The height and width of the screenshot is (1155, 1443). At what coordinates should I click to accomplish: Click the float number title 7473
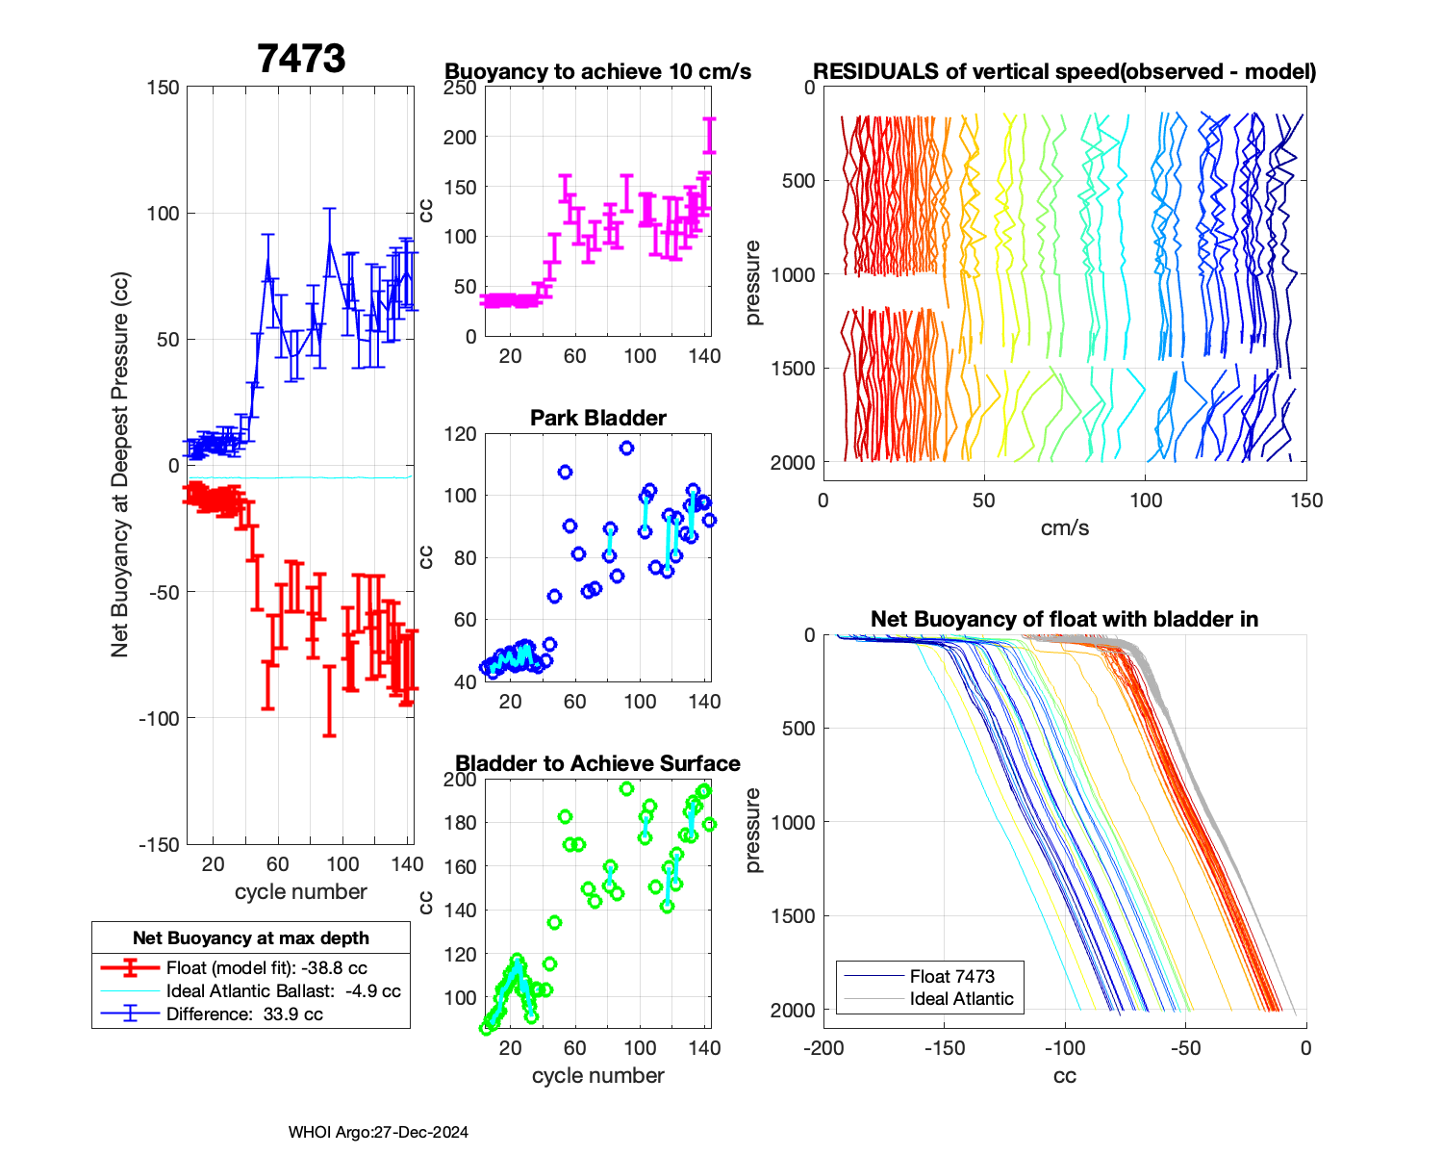click(x=301, y=59)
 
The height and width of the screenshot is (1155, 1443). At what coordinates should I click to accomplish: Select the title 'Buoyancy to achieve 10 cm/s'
click(x=597, y=72)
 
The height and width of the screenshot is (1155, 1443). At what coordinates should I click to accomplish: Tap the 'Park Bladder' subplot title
click(x=597, y=418)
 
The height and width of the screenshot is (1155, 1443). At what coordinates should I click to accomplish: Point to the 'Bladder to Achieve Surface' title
click(x=597, y=763)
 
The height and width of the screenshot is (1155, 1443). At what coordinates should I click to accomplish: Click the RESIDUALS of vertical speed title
click(x=1064, y=72)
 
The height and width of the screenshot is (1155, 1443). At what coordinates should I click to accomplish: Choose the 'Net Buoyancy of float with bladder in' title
click(x=1064, y=619)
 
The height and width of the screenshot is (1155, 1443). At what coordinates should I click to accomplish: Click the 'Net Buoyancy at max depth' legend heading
click(x=251, y=937)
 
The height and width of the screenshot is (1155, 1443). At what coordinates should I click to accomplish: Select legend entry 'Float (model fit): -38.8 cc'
click(x=266, y=968)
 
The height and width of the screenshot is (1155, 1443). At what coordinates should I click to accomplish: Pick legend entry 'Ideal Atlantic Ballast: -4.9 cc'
click(x=283, y=991)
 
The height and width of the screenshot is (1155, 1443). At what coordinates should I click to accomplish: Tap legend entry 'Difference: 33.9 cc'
click(x=244, y=1014)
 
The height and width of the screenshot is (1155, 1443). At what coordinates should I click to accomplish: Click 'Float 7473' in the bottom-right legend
click(x=951, y=976)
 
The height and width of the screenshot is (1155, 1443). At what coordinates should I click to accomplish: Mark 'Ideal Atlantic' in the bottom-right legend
click(x=961, y=999)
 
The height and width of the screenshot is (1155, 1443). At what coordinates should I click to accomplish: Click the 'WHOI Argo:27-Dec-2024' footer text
click(x=378, y=1133)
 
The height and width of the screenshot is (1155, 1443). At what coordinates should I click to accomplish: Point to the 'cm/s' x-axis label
click(x=1064, y=527)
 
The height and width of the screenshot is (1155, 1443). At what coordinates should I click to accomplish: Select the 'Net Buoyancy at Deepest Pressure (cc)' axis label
click(x=119, y=465)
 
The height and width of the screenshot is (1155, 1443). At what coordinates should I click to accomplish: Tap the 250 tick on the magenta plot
click(x=461, y=88)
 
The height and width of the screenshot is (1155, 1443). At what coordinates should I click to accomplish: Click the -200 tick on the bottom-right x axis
click(x=823, y=1048)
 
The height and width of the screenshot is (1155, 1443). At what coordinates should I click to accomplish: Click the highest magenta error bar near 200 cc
click(x=710, y=135)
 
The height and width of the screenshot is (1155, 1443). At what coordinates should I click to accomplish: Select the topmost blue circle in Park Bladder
click(x=626, y=449)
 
